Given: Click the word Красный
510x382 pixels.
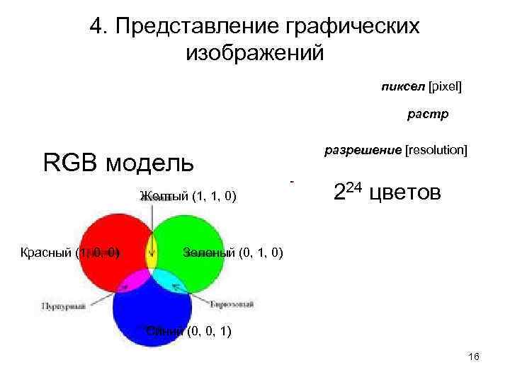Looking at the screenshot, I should pos(46,253).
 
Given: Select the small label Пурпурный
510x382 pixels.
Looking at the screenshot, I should pos(62,306).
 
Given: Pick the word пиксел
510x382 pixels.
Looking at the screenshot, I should pos(401,86).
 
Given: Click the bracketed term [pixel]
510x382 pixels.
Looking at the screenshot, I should pos(444,86).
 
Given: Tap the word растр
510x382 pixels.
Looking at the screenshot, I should pos(427,113).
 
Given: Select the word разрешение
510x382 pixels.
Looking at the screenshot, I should pos(362,150).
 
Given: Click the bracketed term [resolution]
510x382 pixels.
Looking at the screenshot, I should pos(436,150).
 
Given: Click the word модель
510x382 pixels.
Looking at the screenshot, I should pos(149,163).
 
